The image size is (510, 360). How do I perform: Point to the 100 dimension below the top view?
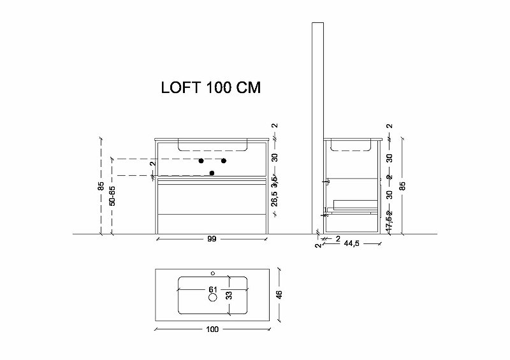pos(212,329)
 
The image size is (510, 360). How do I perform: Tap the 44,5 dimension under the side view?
pos(353,243)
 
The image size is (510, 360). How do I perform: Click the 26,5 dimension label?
pos(274,199)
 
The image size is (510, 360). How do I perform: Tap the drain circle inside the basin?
pos(213,297)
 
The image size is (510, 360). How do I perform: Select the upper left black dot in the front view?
pos(201,160)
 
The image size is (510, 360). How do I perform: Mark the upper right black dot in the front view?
pos(224,160)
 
